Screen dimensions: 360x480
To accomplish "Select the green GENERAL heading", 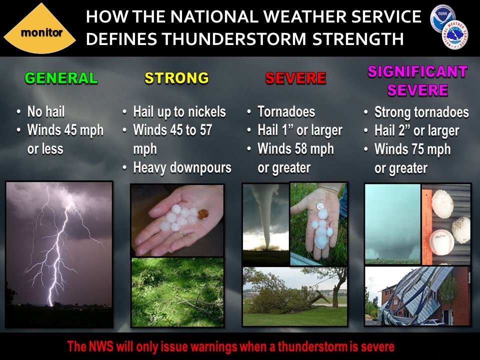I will tap(61, 78).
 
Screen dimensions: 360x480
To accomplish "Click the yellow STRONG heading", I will tap(176, 78).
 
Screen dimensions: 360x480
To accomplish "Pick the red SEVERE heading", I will tap(295, 78).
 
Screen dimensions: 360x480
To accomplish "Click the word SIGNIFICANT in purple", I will tap(417, 72).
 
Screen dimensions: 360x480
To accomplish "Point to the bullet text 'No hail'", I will tap(46, 111).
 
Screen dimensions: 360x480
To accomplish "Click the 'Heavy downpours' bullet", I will tap(182, 167).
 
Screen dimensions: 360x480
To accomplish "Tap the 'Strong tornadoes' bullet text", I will tap(421, 112).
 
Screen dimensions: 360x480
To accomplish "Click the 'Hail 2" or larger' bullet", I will tap(416, 131).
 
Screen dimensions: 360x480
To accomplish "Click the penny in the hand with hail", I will tap(202, 215).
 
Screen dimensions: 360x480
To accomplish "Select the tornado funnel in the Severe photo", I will tap(263, 220).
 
